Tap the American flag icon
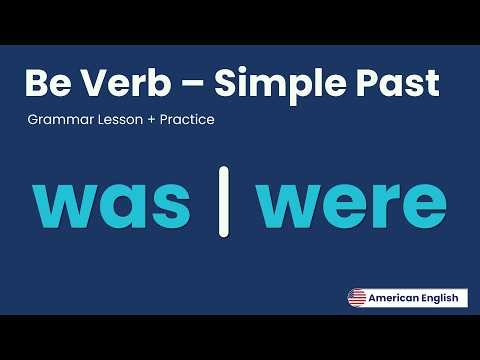pos(356,297)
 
